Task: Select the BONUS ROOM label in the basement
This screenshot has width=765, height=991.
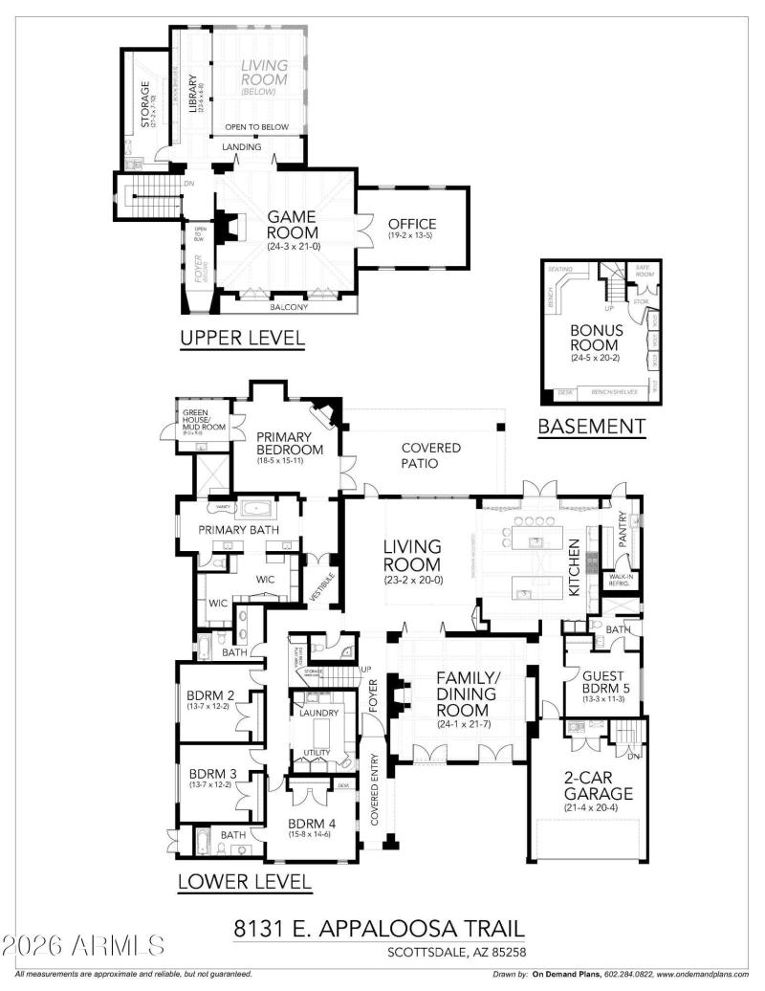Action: coord(597,338)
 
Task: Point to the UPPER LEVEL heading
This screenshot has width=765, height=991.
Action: coord(243,338)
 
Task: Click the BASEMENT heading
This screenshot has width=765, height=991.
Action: coord(591,426)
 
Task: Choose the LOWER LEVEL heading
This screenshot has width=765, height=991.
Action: coord(245,882)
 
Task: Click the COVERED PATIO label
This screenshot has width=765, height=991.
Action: coord(430,455)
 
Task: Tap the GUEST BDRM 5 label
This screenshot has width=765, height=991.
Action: coord(604,683)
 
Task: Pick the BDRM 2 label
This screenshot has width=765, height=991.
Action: coord(212,695)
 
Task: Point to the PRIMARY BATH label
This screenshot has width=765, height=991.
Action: coord(237,529)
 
